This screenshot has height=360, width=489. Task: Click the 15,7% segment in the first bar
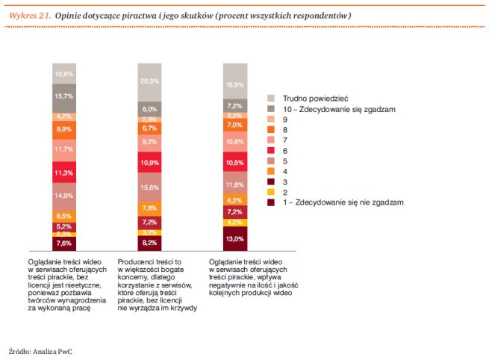[64, 97]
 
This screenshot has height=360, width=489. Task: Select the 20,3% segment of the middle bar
[149, 81]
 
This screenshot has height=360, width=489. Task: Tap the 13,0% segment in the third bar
[234, 239]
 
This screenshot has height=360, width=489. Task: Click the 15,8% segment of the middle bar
[149, 187]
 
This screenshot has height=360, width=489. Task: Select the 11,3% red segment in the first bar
[64, 173]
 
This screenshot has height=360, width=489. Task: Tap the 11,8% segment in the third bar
[234, 185]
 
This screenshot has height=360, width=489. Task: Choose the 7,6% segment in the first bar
[64, 243]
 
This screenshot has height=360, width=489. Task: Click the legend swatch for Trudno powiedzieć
[272, 98]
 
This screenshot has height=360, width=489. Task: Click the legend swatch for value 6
[272, 150]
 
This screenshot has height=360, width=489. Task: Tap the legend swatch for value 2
[272, 192]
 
